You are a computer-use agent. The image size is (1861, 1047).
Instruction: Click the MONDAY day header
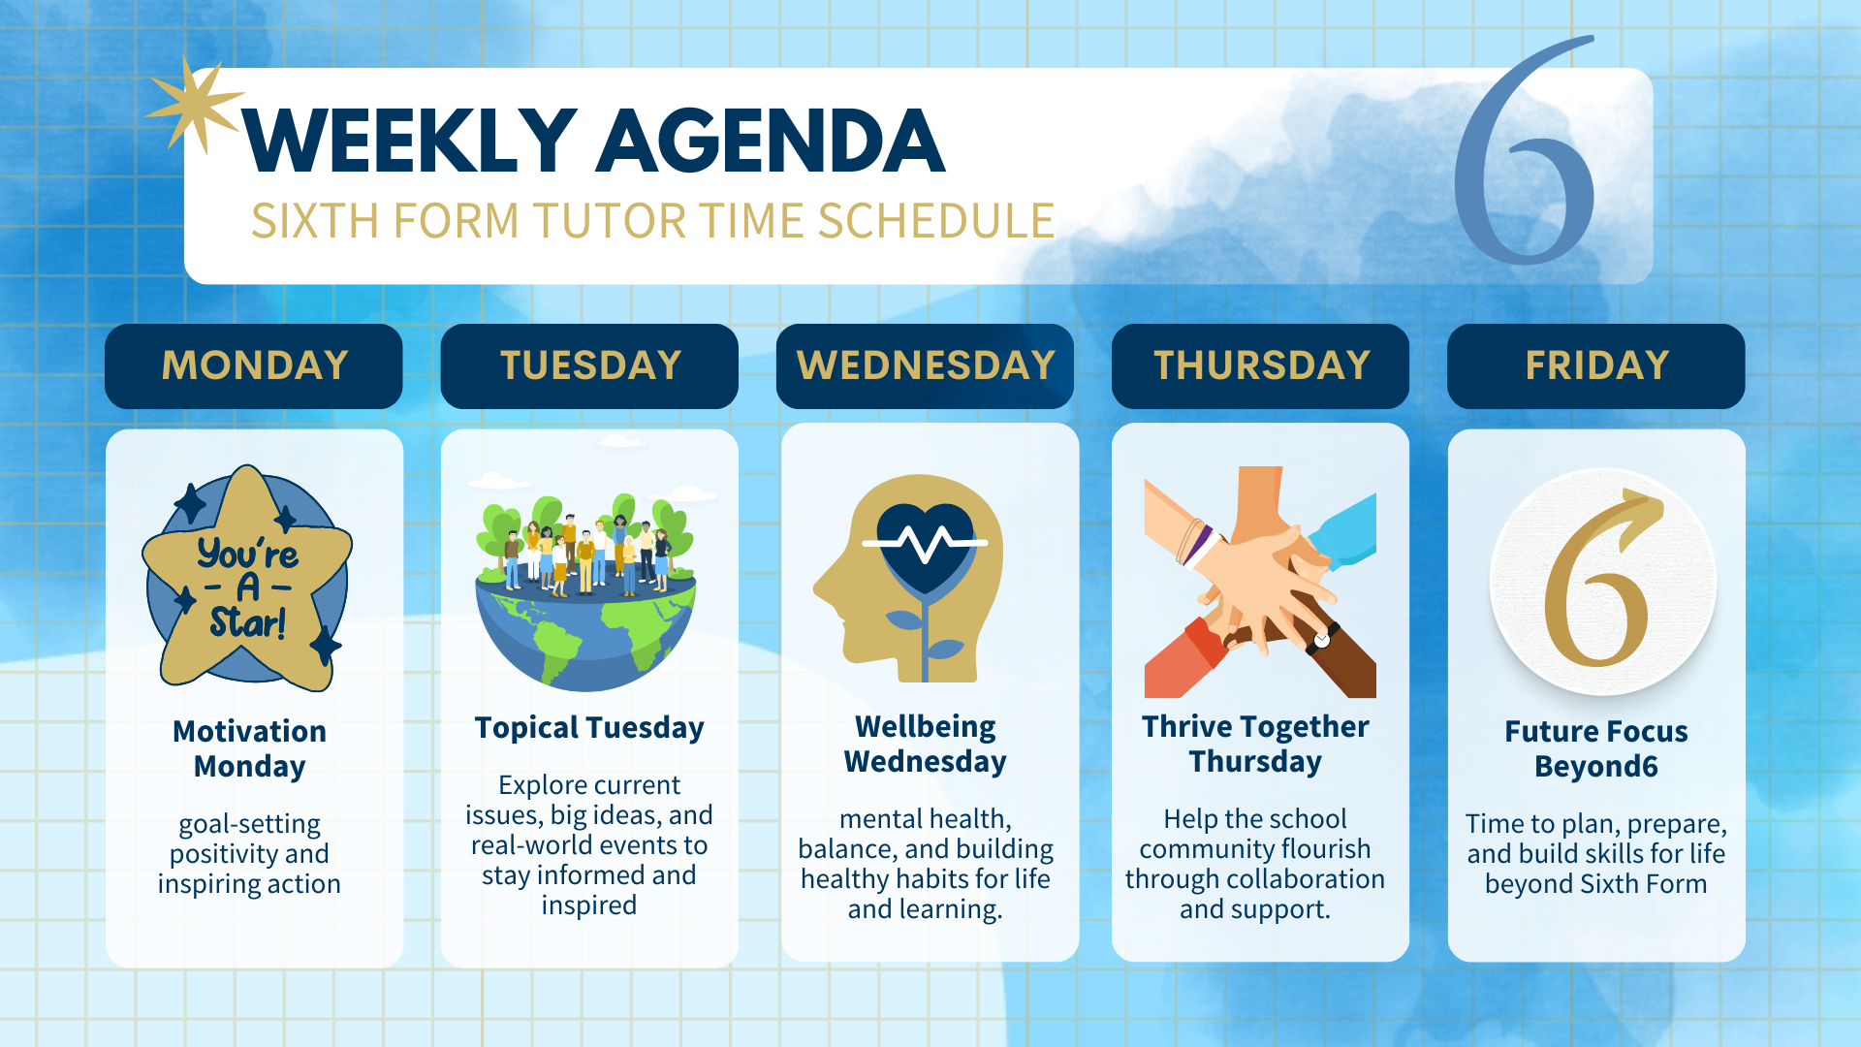click(254, 365)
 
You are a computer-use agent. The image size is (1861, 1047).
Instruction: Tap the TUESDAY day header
click(589, 365)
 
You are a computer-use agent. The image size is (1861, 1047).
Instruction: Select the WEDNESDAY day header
click(925, 365)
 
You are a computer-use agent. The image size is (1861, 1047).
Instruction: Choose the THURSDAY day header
click(1260, 365)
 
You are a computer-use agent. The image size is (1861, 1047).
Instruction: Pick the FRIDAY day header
click(1596, 365)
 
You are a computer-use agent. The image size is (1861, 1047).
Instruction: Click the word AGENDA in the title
click(771, 142)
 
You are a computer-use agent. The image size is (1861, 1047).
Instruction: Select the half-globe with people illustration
click(586, 591)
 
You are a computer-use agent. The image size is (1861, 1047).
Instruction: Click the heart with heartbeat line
click(926, 548)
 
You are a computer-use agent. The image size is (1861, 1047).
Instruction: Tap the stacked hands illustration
click(1260, 582)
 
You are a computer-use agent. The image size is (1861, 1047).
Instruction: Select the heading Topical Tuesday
click(589, 728)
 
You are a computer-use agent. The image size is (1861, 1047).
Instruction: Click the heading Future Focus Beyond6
click(1596, 748)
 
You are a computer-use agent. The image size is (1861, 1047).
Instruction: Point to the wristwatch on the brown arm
click(1322, 640)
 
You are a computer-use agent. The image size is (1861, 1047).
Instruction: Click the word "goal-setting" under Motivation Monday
click(250, 824)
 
